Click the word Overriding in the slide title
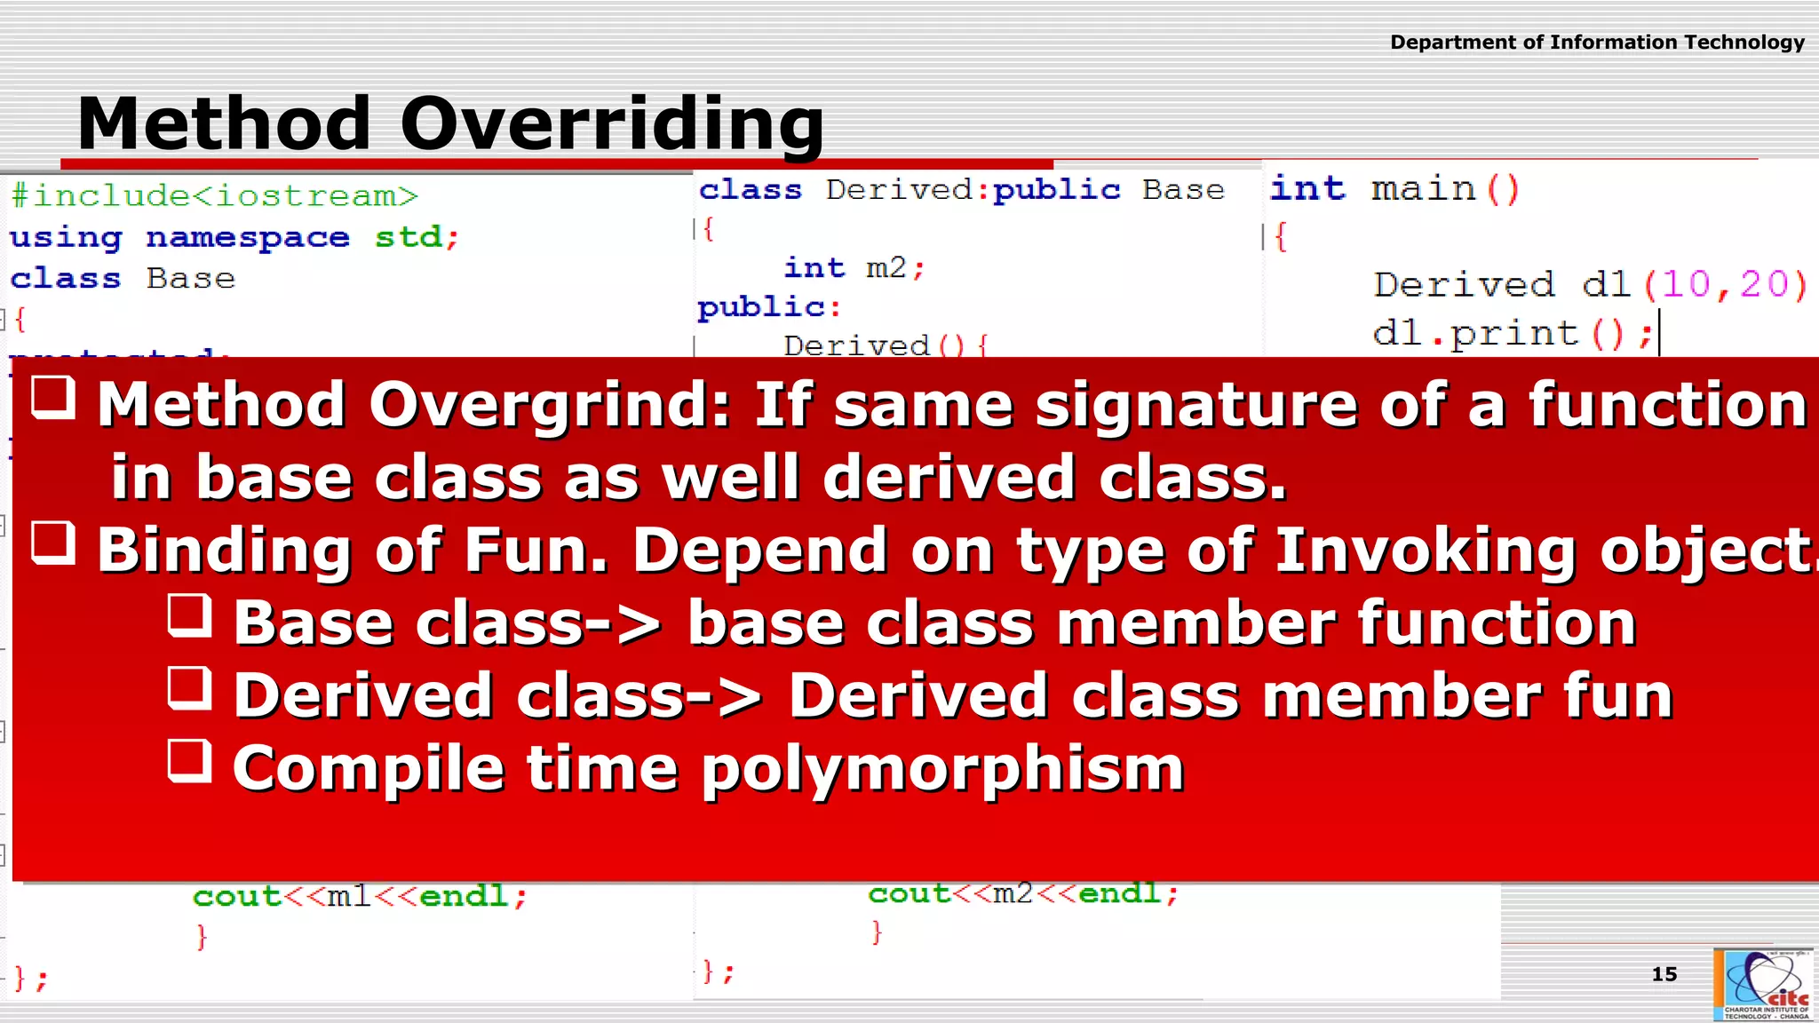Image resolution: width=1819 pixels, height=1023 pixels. point(612,123)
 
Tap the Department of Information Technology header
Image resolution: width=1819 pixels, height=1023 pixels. point(1596,42)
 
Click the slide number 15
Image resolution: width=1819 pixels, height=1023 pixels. point(1664,974)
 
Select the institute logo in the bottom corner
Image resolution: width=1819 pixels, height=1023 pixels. point(1764,985)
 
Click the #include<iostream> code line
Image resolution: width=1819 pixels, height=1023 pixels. point(214,195)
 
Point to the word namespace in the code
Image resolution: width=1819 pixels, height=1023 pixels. point(248,238)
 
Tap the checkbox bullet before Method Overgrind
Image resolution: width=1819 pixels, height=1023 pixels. point(53,396)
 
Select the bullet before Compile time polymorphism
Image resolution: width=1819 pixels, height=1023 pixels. point(190,760)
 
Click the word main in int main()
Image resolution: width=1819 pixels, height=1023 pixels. point(1423,189)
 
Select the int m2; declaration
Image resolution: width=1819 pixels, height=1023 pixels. point(854,267)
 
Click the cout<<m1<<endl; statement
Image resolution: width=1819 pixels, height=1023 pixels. point(360,896)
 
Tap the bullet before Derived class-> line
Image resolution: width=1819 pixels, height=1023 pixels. point(190,687)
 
